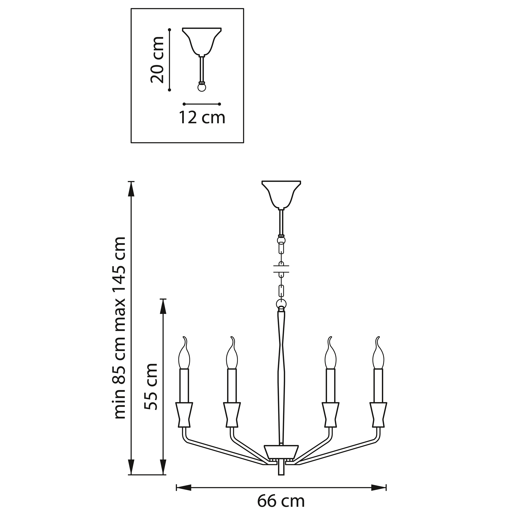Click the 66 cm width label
[x=281, y=501]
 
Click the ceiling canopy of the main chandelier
[x=281, y=194]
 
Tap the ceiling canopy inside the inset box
[x=202, y=42]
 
